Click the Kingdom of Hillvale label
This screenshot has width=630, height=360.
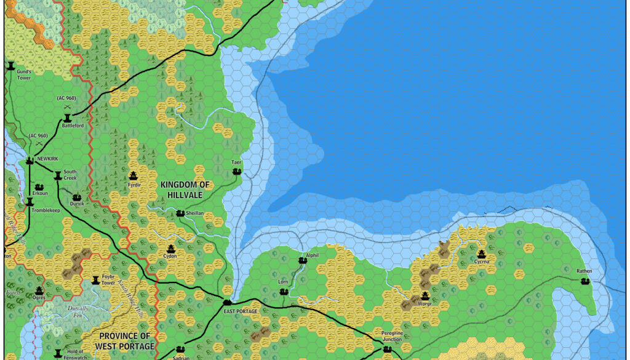[x=185, y=190]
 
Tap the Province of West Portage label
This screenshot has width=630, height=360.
[x=125, y=341]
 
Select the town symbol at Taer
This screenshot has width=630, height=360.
[x=237, y=172]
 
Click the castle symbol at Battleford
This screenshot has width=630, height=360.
[x=66, y=116]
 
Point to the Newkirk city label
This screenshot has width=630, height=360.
[x=47, y=159]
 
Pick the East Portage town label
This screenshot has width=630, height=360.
[x=241, y=311]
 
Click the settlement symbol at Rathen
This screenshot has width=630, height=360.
[x=584, y=281]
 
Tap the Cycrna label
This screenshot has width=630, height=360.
[x=481, y=262]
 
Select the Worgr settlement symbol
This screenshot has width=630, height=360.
[x=425, y=296]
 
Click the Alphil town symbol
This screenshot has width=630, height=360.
[x=302, y=261]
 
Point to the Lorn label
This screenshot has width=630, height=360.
[x=284, y=282]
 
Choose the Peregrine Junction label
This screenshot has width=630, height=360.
[x=388, y=335]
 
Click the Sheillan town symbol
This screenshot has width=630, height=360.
[x=180, y=213]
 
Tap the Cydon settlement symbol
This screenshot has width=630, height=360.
[x=170, y=248]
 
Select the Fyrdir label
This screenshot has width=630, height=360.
[x=134, y=185]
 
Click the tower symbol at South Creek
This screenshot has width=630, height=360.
[x=58, y=175]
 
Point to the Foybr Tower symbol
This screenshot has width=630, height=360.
[x=95, y=280]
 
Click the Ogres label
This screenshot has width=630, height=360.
[x=39, y=297]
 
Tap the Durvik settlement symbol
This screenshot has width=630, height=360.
[x=77, y=197]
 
